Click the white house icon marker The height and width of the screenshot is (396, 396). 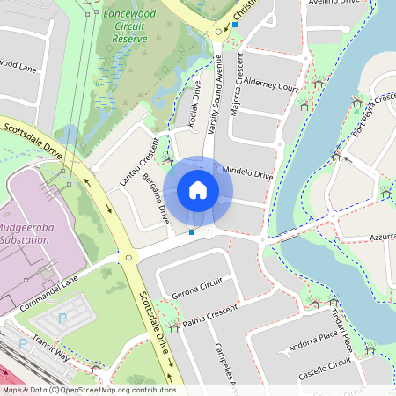pyautogui.click(x=198, y=190)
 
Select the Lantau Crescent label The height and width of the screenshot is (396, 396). pyautogui.click(x=140, y=163)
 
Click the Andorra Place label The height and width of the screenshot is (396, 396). pyautogui.click(x=312, y=337)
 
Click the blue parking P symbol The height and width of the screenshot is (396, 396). pyautogui.click(x=62, y=317)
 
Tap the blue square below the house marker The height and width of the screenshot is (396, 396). pyautogui.click(x=192, y=232)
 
